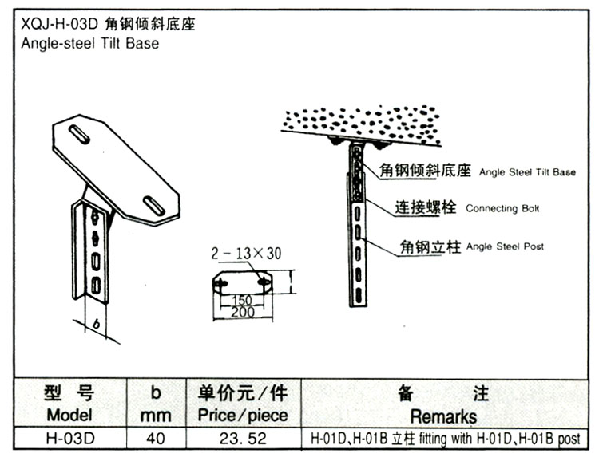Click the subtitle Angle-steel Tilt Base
[87, 44]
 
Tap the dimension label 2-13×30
[246, 254]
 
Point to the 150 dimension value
[243, 301]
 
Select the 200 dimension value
[242, 313]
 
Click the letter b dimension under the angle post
[95, 325]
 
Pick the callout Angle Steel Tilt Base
[526, 171]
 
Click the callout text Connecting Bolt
[502, 209]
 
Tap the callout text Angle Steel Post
[505, 246]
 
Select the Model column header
[69, 415]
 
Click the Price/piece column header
[236, 416]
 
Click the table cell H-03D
[69, 439]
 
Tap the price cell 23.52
[236, 439]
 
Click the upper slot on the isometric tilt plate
[79, 134]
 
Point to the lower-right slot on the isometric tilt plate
[153, 205]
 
